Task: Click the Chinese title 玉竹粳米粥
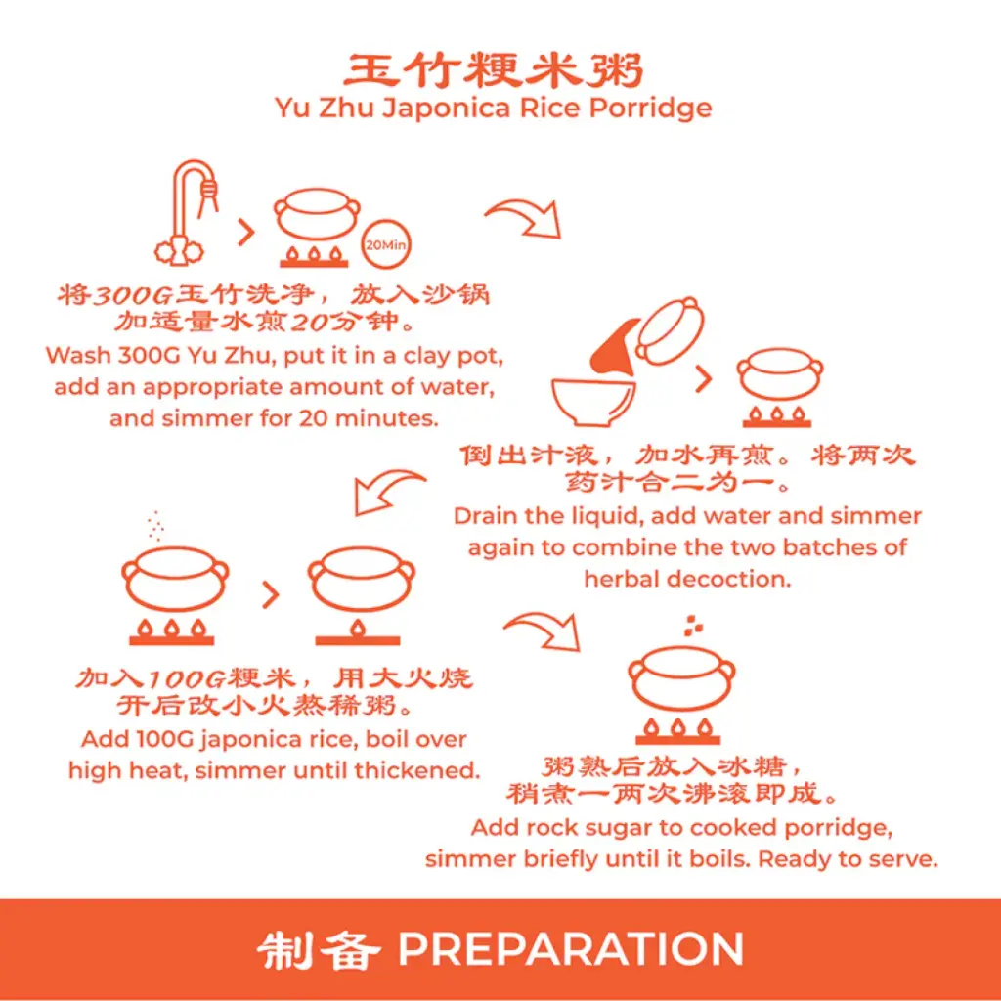(493, 70)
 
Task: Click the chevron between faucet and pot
(246, 232)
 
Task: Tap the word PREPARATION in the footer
(571, 949)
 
